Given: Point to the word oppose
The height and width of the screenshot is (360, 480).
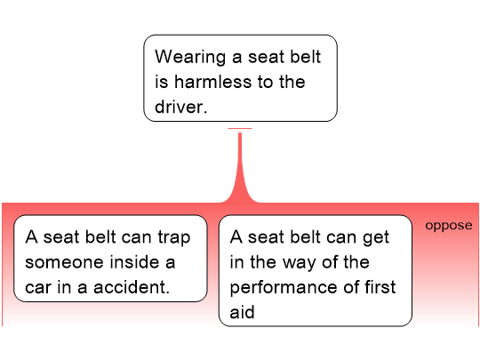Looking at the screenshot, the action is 449,226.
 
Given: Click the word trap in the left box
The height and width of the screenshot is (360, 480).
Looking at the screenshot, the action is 174,238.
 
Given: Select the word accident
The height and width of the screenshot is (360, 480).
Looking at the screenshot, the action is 132,287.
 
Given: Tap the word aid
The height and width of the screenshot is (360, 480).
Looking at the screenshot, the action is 242,312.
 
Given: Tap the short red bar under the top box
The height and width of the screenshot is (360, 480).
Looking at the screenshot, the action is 240,128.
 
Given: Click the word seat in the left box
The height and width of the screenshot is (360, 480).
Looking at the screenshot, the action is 61,237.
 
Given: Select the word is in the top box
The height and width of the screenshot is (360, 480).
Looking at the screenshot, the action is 162,82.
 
